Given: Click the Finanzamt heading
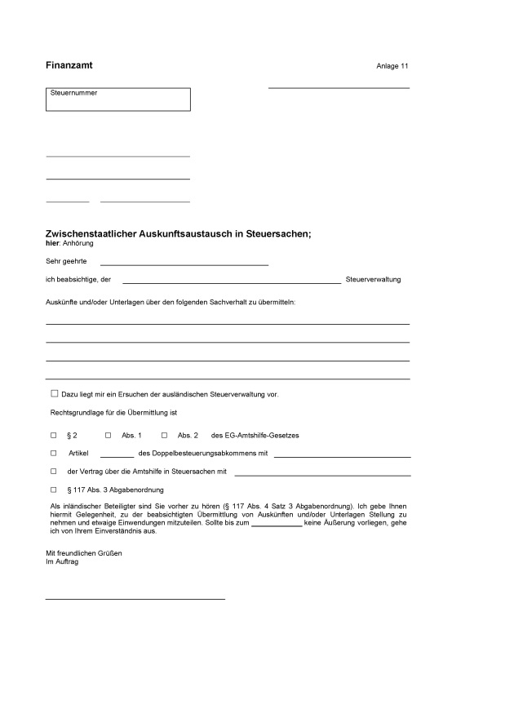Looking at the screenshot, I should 69,64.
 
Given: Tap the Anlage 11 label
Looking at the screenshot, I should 392,65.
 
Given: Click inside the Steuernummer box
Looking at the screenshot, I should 118,100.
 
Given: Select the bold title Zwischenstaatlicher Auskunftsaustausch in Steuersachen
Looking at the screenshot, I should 178,234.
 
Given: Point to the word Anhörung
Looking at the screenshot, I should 78,243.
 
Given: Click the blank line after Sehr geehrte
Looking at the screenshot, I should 184,263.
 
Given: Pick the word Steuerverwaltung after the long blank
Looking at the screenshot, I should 374,280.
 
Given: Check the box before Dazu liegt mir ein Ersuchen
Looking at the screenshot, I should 55,393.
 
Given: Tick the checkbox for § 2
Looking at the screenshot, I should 54,435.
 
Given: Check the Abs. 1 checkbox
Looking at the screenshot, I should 109,435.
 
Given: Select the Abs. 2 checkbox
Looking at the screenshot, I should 164,435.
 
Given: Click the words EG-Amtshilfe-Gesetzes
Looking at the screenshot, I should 255,436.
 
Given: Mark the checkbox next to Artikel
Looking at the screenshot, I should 54,453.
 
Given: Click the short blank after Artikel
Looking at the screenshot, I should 117,455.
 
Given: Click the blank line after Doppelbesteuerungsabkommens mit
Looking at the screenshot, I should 342,455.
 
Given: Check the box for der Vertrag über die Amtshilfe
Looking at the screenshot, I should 54,471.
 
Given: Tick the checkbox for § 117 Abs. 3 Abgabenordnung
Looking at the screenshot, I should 54,490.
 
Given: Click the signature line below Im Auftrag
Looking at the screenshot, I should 135,598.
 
